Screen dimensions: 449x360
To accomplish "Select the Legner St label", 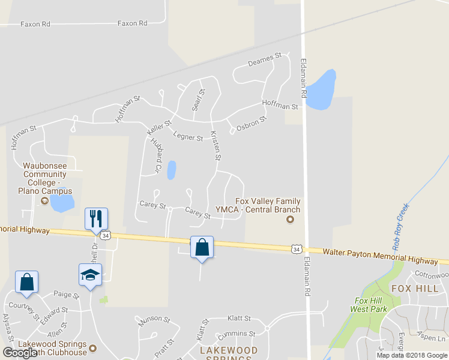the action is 188,136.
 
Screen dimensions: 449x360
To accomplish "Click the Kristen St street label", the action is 215,145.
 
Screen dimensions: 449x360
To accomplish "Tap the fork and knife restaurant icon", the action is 96,218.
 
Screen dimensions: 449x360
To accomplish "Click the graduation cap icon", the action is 90,275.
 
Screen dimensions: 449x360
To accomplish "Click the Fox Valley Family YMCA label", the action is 267,205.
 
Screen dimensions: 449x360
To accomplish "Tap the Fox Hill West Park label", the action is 368,305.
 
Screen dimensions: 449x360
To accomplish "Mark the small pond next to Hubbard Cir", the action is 172,170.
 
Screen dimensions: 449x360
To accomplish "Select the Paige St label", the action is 66,295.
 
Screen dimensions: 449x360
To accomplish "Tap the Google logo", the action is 20,353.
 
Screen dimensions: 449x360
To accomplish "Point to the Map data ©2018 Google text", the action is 411,355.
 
